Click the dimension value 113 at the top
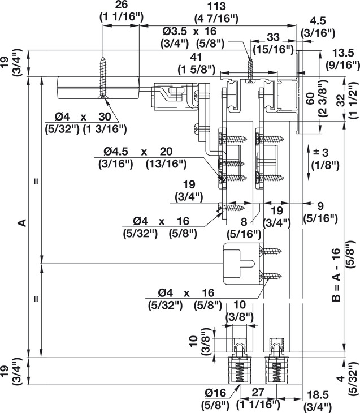216,6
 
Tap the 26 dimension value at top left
122,5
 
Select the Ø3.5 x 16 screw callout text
189,31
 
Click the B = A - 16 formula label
336,275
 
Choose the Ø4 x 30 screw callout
83,117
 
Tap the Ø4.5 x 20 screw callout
138,152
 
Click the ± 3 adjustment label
321,152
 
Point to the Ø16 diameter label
215,393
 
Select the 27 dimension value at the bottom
258,392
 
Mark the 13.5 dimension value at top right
343,53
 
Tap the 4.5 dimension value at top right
318,21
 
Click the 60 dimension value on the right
310,98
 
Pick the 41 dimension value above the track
196,57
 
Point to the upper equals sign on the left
36,181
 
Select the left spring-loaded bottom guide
240,360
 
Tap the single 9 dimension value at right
320,206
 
